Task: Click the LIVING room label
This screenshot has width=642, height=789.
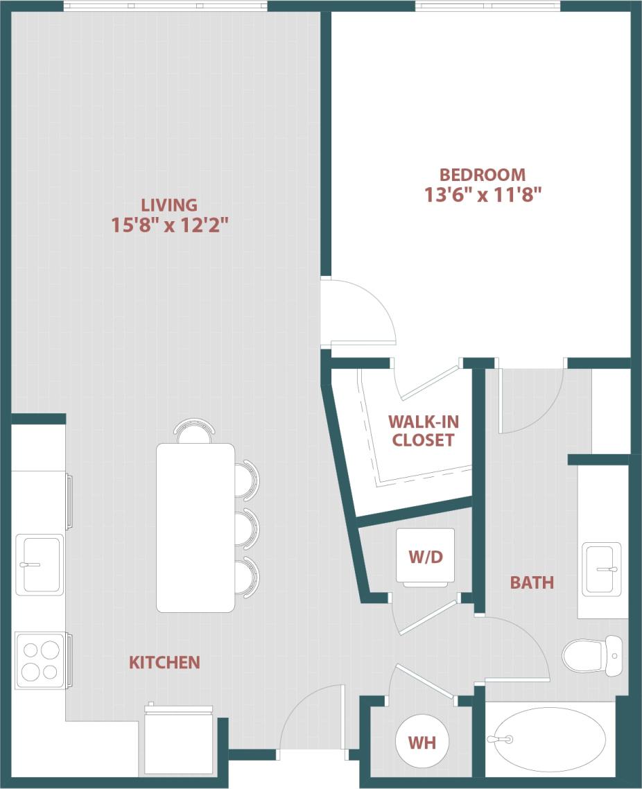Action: coord(169,205)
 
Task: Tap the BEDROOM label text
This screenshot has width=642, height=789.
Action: coord(483,175)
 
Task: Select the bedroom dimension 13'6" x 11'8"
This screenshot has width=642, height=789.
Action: coord(483,195)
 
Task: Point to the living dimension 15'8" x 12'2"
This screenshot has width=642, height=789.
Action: coord(169,225)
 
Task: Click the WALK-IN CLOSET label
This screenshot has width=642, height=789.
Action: coord(423,431)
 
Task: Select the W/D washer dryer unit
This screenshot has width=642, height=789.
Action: coord(426,557)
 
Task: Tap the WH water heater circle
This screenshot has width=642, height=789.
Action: coord(422,743)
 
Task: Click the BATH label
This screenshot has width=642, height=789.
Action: coord(532,582)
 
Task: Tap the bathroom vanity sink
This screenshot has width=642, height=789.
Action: coord(600,569)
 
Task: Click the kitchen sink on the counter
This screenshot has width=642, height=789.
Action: coord(39,564)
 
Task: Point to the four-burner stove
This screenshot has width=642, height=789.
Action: coord(40,660)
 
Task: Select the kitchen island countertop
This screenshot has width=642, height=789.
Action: coord(196,528)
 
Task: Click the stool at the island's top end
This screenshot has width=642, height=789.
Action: coord(194,431)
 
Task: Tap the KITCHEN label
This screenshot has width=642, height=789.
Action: coord(164,663)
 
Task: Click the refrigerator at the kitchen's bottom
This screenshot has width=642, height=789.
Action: coord(178,741)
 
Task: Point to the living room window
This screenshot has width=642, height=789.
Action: coord(165,6)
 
